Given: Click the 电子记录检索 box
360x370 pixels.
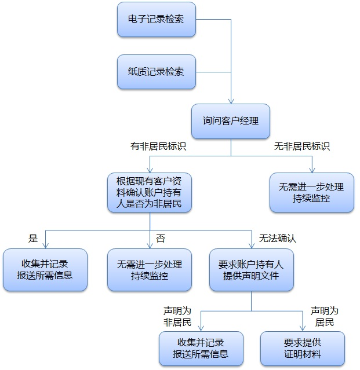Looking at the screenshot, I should [156, 20].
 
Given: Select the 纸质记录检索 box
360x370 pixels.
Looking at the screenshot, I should [156, 72].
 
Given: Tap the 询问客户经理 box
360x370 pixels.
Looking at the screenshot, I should [231, 121].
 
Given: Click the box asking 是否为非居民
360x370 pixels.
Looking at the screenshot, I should [150, 192].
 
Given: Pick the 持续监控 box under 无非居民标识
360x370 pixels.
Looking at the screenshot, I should [311, 192].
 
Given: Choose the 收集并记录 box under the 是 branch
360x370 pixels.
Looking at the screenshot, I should [45, 269].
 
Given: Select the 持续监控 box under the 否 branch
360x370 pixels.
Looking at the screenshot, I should [150, 269].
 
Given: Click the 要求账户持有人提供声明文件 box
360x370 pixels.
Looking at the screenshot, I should [251, 269].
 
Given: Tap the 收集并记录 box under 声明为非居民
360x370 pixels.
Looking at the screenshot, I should [201, 348].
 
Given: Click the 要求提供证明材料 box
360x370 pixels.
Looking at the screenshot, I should [302, 348].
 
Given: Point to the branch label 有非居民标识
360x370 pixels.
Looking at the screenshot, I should [158, 146].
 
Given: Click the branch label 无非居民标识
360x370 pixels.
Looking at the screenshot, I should [302, 146].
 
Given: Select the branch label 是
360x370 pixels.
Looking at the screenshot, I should [33, 237].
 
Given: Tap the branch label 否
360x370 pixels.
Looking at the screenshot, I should [161, 237].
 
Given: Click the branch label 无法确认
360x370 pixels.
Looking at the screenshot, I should [278, 237].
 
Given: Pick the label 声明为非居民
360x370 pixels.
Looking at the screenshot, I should [177, 316].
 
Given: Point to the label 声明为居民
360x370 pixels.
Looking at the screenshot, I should [325, 316].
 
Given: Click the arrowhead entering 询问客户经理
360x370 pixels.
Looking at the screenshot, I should [231, 101].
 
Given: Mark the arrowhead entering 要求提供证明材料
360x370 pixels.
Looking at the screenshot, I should [302, 328].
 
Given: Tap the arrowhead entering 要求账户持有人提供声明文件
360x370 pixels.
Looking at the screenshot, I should [251, 246].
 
